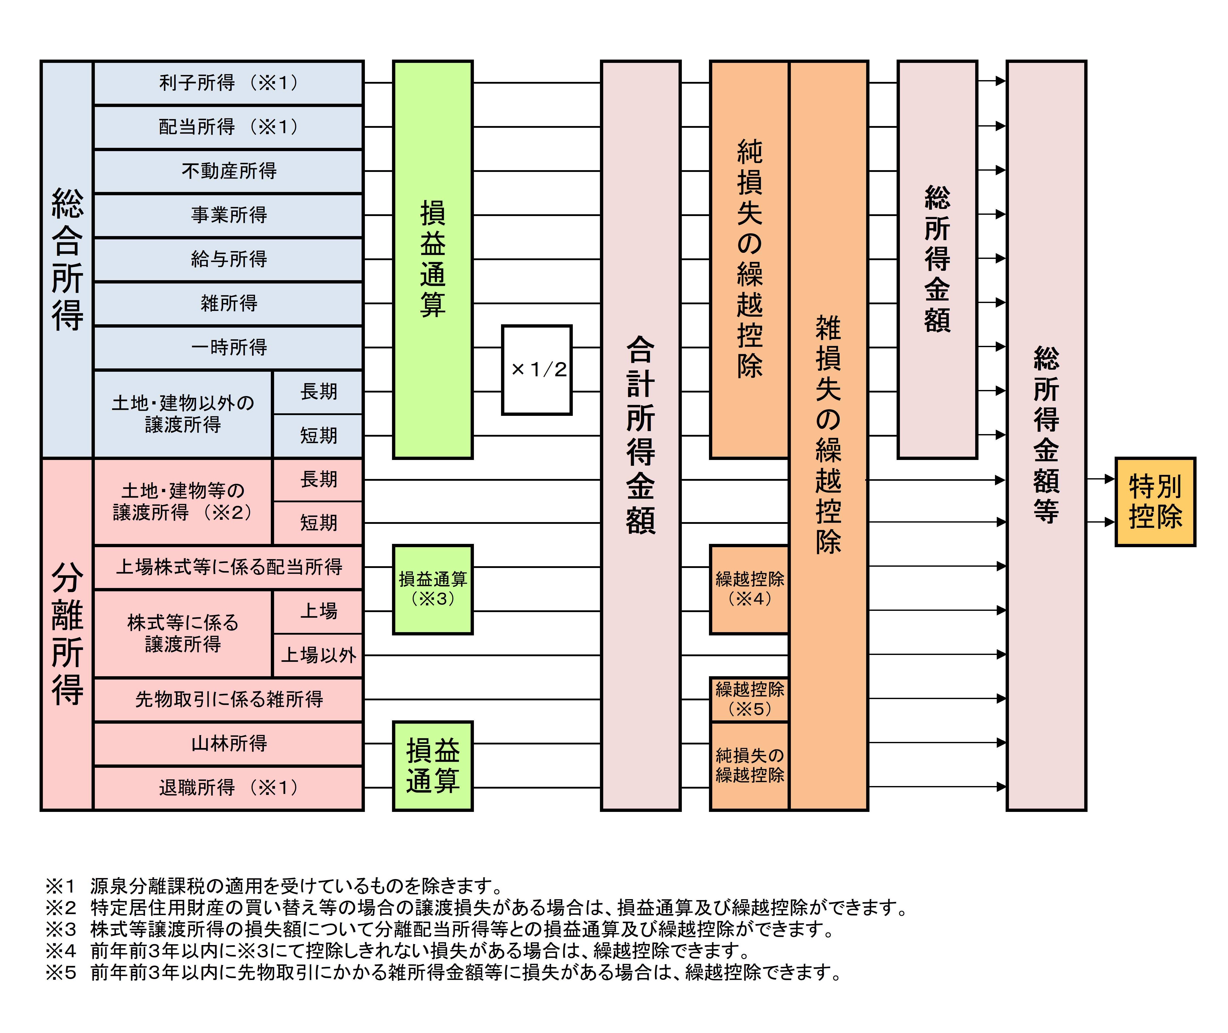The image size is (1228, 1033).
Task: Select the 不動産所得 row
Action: coord(228,171)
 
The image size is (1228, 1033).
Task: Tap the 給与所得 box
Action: coord(228,259)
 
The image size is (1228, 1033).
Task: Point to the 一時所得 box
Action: coord(228,347)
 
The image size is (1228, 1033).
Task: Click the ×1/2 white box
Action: coord(536,369)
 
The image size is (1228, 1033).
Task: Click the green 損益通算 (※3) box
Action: coord(433,589)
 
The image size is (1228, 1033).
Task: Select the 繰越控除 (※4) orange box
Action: coord(749,589)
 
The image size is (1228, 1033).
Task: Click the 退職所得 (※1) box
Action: coord(228,788)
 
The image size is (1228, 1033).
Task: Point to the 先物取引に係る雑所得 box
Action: coord(228,699)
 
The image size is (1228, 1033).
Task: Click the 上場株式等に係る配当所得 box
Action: coord(228,567)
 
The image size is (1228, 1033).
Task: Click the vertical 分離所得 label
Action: coord(67,634)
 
